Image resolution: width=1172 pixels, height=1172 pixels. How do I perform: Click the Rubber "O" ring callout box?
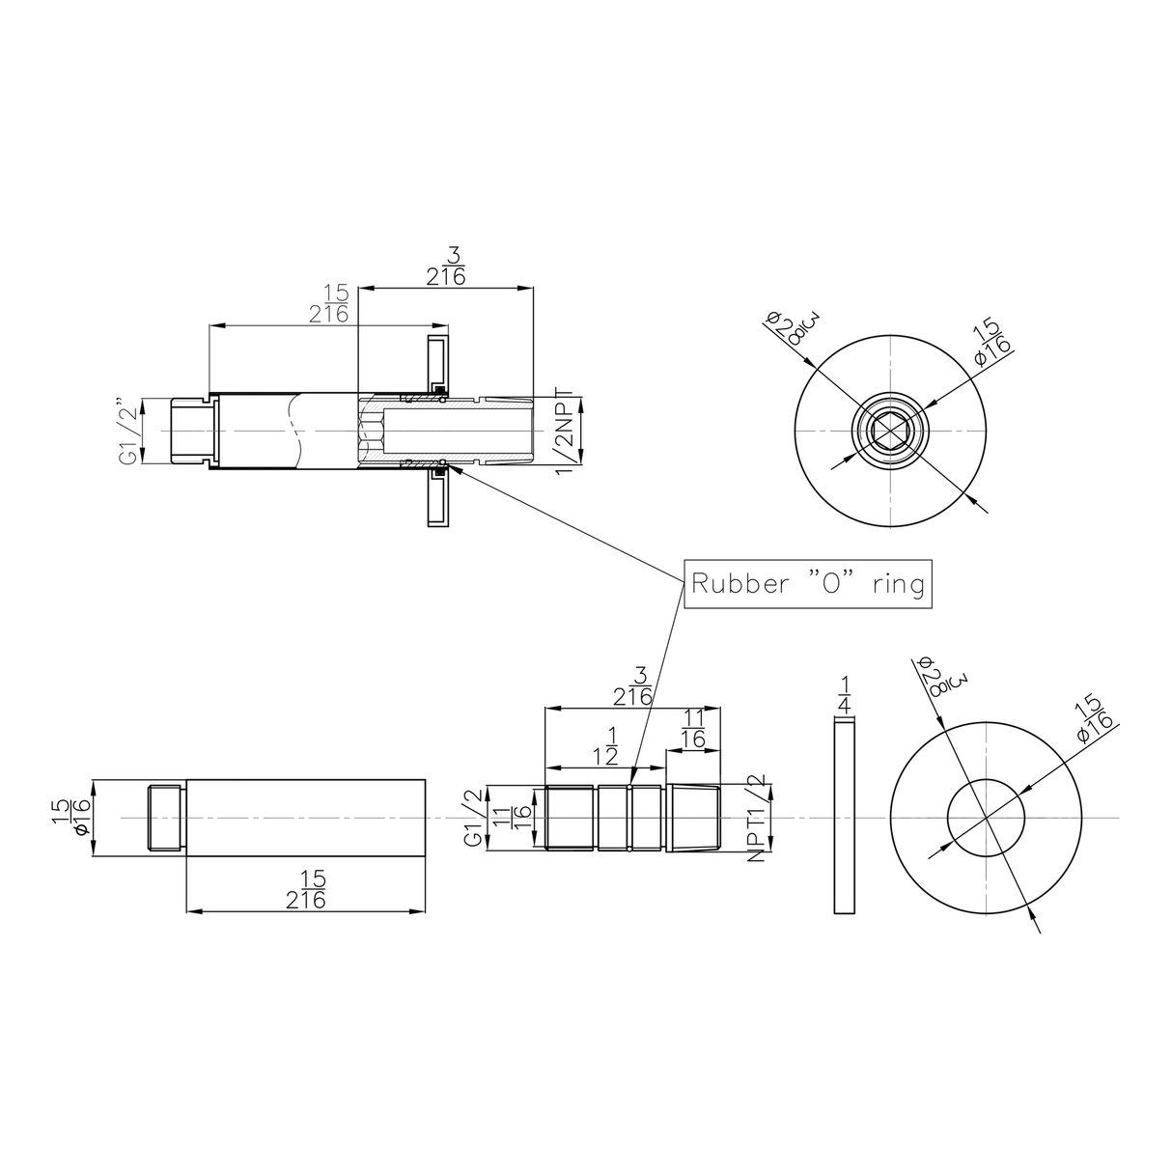point(808,584)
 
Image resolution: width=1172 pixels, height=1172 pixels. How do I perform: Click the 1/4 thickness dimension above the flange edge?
point(844,695)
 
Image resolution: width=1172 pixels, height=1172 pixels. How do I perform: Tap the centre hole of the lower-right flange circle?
point(987,817)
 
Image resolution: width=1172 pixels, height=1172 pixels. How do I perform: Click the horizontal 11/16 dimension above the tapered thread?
point(693,730)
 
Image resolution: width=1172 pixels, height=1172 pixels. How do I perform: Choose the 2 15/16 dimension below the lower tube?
point(306,890)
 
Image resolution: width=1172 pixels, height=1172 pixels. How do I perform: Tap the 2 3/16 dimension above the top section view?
point(446,266)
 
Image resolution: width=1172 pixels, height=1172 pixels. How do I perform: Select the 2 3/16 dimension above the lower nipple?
point(633,686)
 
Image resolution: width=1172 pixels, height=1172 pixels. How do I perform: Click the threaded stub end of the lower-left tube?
point(166,817)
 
